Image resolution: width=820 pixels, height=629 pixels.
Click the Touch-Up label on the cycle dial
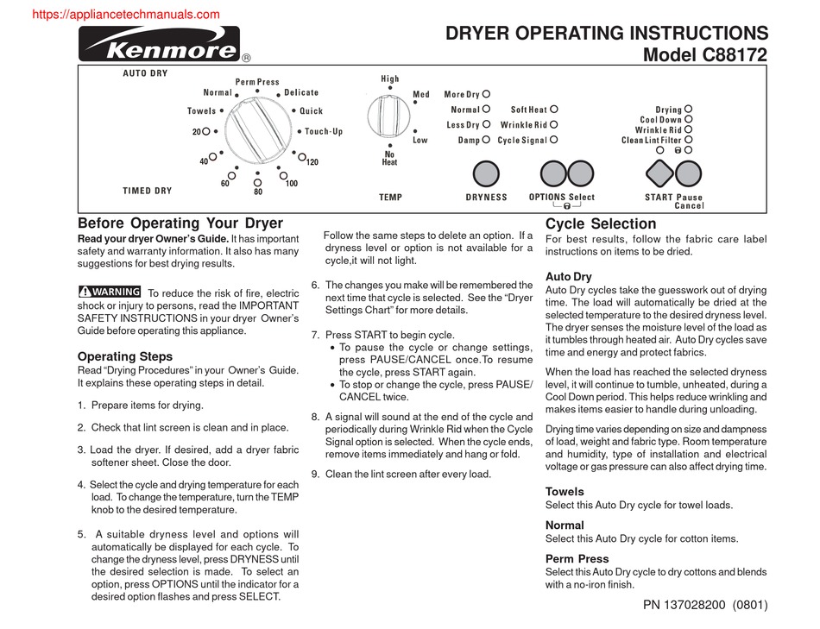(324, 132)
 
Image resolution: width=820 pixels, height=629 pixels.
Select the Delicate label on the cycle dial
(301, 92)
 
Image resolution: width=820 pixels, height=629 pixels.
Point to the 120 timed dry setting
(312, 162)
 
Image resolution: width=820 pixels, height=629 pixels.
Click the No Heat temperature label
(389, 159)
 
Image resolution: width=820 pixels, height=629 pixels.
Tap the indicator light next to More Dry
(487, 94)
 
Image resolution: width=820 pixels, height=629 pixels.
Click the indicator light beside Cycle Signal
(554, 140)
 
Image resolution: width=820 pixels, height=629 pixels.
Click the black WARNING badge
(110, 292)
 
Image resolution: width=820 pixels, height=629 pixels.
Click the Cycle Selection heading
(601, 224)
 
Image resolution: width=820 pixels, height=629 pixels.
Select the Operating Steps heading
(125, 356)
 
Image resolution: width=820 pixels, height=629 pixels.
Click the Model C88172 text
(706, 56)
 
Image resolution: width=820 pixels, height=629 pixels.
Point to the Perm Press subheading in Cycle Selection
(577, 558)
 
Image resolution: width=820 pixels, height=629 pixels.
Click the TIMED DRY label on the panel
(147, 191)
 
